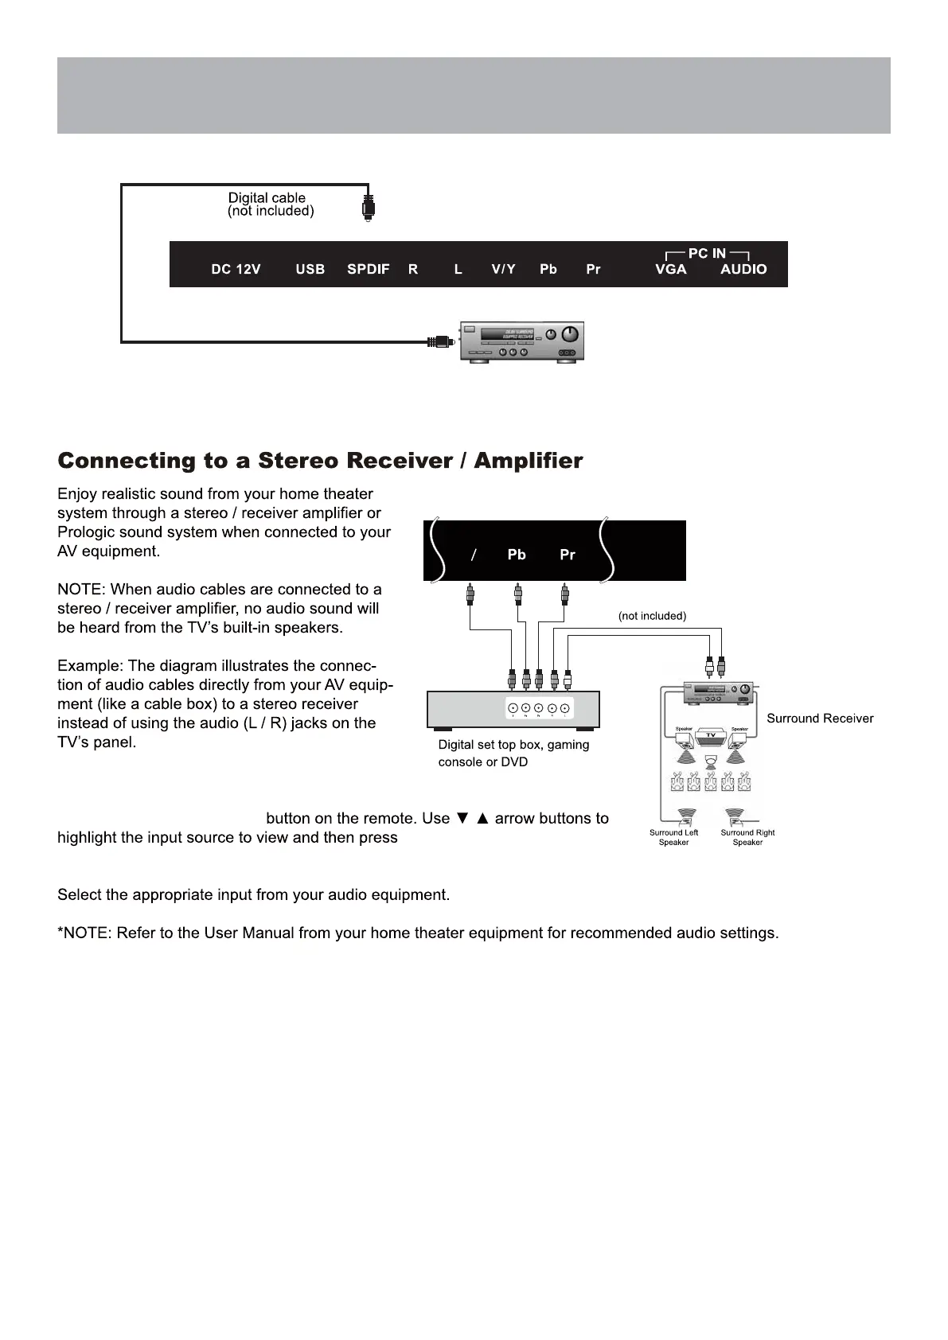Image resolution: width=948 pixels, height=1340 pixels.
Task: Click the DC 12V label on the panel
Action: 236,270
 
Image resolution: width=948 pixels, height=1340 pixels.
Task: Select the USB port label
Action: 310,270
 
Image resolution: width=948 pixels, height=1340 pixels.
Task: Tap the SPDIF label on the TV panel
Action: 368,270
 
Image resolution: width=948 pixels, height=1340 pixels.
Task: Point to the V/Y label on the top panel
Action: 503,270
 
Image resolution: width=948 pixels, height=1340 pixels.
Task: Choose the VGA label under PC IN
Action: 670,270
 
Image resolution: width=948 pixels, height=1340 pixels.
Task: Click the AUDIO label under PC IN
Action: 743,270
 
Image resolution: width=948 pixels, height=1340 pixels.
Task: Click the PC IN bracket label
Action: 707,253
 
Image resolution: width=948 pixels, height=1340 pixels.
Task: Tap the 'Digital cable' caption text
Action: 267,198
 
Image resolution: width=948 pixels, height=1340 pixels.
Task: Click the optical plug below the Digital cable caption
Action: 368,207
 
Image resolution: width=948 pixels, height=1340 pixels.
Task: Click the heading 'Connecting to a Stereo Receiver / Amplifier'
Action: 320,462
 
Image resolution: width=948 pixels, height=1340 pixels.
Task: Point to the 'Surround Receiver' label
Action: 820,719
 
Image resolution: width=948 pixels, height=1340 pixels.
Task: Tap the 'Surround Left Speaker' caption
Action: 673,837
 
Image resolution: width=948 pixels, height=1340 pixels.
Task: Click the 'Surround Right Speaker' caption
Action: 747,837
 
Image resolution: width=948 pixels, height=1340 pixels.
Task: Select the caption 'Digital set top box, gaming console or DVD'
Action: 513,753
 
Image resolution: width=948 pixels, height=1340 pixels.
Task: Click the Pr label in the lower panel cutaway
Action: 567,555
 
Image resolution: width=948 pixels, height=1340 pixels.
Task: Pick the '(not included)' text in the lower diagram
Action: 652,616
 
